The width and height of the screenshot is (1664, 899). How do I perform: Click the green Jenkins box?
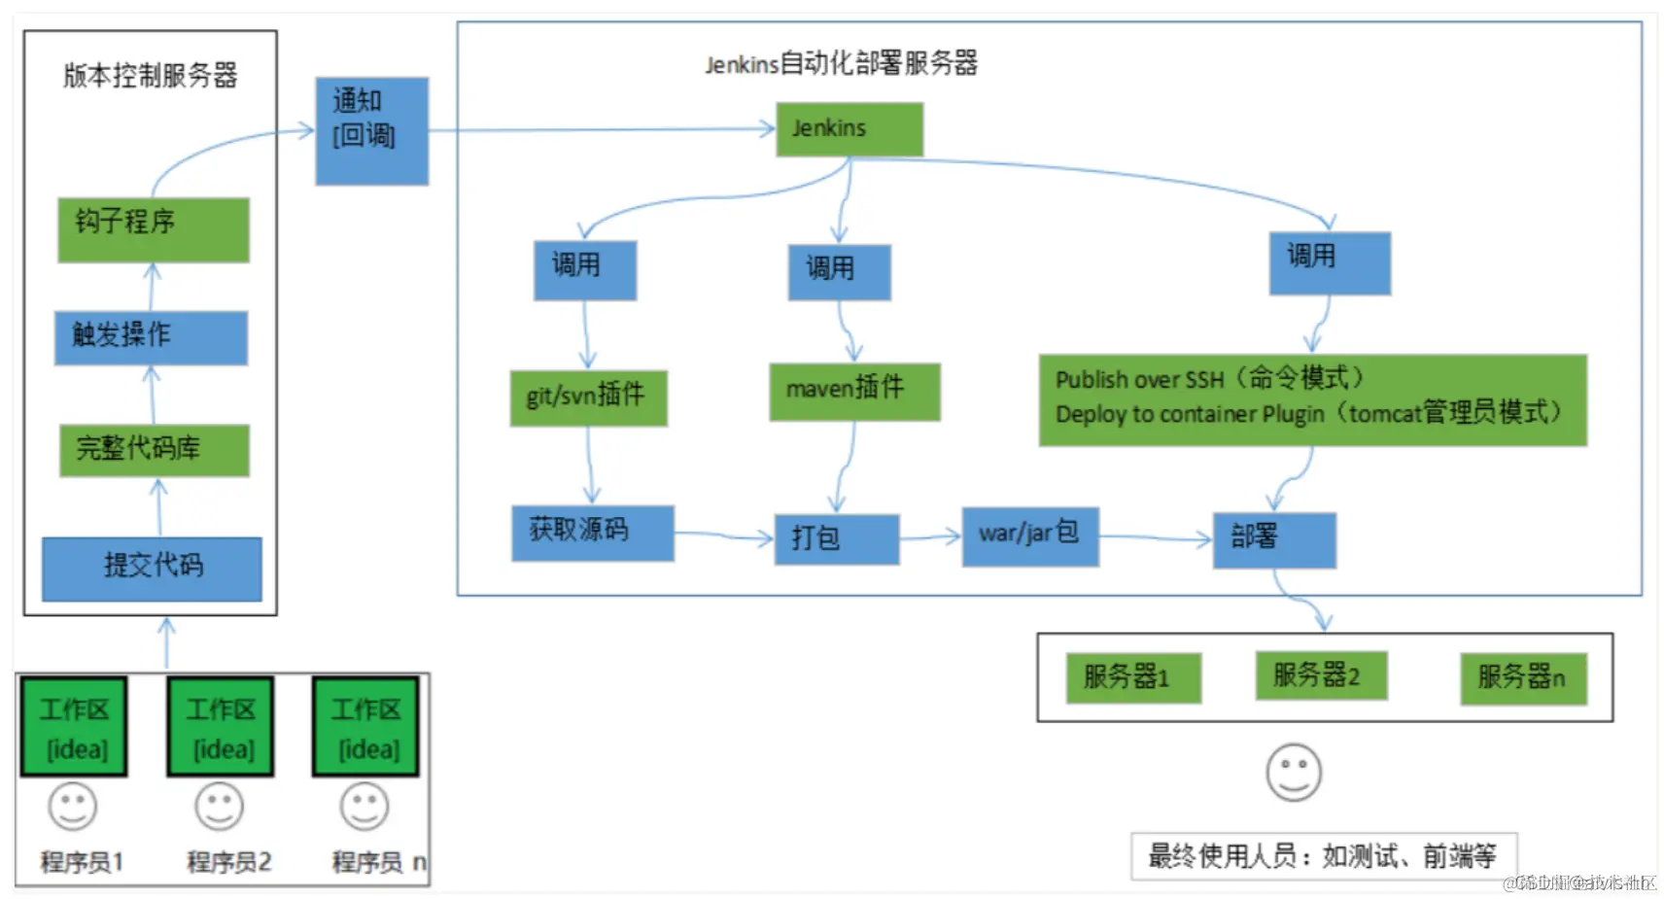(849, 129)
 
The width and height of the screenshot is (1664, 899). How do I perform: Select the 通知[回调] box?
(371, 131)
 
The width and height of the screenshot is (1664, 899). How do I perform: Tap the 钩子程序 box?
(153, 229)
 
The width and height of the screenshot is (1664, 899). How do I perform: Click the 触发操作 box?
(151, 337)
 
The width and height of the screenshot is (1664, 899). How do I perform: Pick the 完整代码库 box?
(154, 450)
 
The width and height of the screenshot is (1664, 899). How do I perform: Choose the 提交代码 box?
(152, 569)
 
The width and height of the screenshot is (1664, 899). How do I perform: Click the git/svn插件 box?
(588, 398)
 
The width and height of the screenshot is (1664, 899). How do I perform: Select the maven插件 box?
(854, 392)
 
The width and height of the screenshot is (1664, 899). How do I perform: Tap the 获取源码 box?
(592, 533)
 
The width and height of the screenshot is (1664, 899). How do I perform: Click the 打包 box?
(836, 539)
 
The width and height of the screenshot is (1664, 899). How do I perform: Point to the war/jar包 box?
(1029, 536)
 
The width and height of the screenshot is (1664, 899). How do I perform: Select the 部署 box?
(1273, 539)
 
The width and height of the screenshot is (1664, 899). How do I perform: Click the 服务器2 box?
(1320, 675)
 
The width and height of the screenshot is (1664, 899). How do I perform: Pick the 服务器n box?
(1522, 678)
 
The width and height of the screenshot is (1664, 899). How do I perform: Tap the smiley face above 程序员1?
(73, 806)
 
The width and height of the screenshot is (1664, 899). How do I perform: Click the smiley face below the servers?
(1294, 773)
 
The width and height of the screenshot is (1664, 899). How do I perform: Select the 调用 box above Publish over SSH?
(1329, 262)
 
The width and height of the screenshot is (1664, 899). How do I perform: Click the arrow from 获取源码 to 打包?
(723, 535)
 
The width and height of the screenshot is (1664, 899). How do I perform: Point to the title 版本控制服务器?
(150, 76)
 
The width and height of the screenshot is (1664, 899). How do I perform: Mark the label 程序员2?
(228, 862)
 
